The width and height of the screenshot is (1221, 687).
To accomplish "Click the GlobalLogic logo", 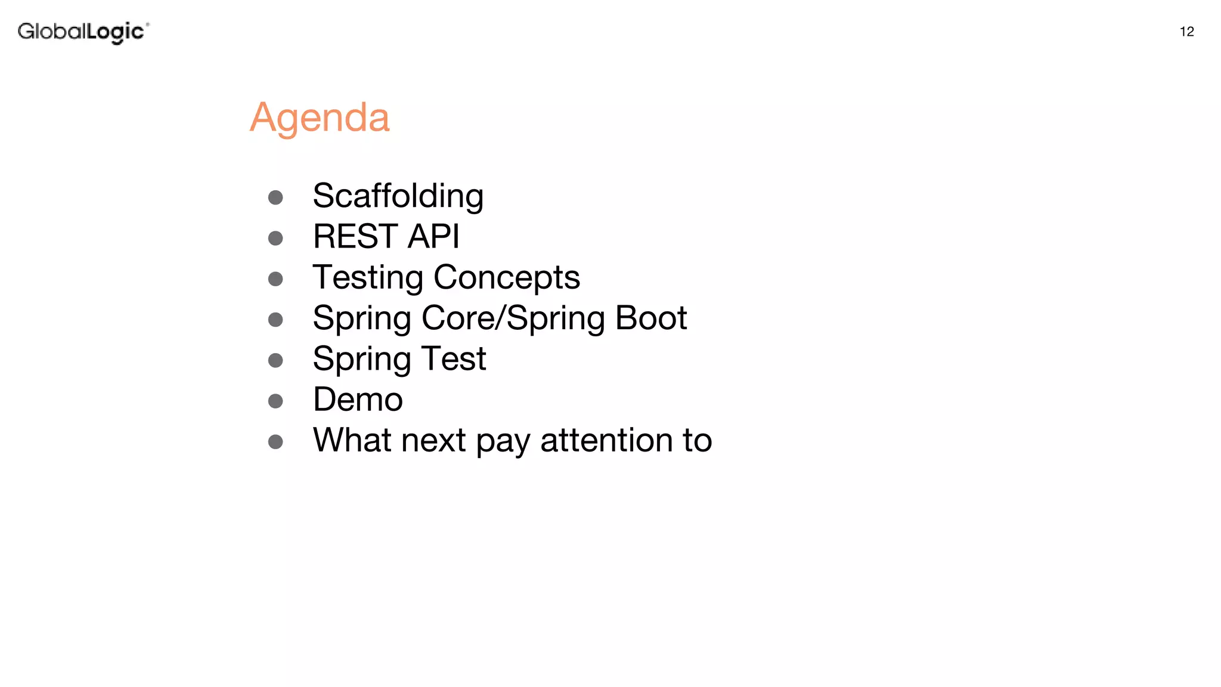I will pyautogui.click(x=83, y=32).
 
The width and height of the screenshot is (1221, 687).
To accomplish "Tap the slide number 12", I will pyautogui.click(x=1186, y=32).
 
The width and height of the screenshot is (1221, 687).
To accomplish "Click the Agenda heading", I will pyautogui.click(x=320, y=117).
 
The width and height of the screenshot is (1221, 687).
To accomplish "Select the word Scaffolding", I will pyautogui.click(x=398, y=196).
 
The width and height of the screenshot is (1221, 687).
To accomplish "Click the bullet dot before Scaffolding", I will pyautogui.click(x=275, y=197).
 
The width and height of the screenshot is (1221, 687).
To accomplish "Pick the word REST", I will pyautogui.click(x=355, y=236).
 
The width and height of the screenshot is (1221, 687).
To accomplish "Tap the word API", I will pyautogui.click(x=433, y=236).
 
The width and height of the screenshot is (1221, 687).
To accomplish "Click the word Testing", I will pyautogui.click(x=368, y=278).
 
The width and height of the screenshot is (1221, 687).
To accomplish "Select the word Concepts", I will pyautogui.click(x=506, y=278).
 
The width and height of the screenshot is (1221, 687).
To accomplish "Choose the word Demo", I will pyautogui.click(x=358, y=400).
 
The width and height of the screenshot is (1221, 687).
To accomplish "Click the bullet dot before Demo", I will pyautogui.click(x=275, y=401).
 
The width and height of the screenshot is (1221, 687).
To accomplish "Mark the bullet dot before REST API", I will pyautogui.click(x=275, y=239).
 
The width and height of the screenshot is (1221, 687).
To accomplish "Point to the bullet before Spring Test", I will pyautogui.click(x=275, y=360).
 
